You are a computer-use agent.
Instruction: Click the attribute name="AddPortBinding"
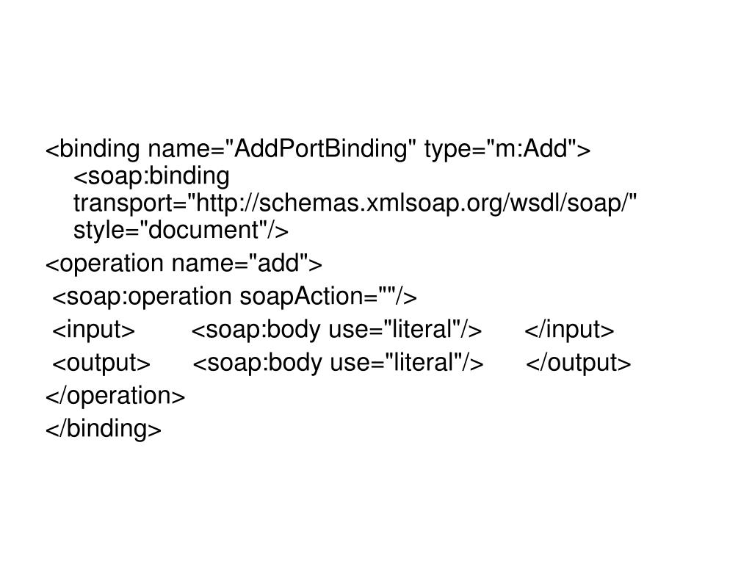pos(283,150)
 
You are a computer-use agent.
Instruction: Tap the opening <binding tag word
pos(93,150)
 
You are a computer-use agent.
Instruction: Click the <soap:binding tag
pos(151,177)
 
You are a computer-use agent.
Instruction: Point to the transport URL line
pos(355,203)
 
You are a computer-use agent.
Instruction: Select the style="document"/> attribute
pos(181,231)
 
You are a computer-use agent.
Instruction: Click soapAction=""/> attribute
pos(328,296)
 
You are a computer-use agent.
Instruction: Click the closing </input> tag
pos(569,330)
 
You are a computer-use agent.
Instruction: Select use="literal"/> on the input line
pos(405,330)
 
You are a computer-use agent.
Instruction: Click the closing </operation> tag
pos(116,396)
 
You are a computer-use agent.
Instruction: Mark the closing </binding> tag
pos(104,429)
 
